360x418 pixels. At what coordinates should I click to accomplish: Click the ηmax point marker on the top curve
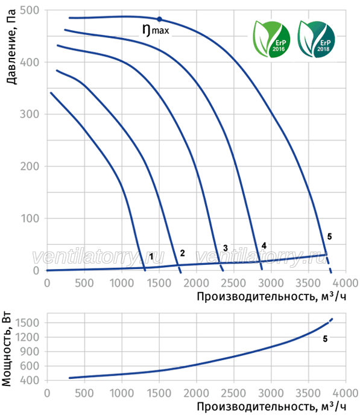coord(159,19)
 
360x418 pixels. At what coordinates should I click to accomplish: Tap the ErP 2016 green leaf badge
coord(271,39)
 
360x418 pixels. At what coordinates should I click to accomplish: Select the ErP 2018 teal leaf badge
coord(316,39)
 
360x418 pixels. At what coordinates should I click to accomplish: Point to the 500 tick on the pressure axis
coord(30,10)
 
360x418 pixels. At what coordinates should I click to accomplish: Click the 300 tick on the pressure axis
coord(30,114)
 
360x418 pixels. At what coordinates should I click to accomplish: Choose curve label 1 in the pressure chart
coord(151,256)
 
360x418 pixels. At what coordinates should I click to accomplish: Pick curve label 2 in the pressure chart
coord(182,253)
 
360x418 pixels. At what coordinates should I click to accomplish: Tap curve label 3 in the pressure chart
coord(225,248)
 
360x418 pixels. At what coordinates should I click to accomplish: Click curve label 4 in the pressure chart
coord(264,245)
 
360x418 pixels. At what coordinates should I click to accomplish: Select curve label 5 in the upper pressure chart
coord(329,236)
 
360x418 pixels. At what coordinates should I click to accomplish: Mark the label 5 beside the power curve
coord(325,339)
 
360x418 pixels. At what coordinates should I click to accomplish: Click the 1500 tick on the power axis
coord(28,323)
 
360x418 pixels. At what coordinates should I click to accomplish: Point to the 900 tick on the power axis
coord(30,352)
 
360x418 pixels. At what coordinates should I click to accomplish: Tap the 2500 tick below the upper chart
coord(233,283)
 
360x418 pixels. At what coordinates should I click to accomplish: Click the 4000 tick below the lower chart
coord(346,393)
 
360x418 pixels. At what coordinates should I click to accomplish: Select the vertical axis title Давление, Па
coord(11,47)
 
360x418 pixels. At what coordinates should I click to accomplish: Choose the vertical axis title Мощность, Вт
coord(7,349)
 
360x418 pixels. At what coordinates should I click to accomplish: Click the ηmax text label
coord(156,30)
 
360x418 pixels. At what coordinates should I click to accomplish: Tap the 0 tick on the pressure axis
coord(36,270)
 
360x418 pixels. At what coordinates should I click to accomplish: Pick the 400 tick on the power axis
coord(30,381)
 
